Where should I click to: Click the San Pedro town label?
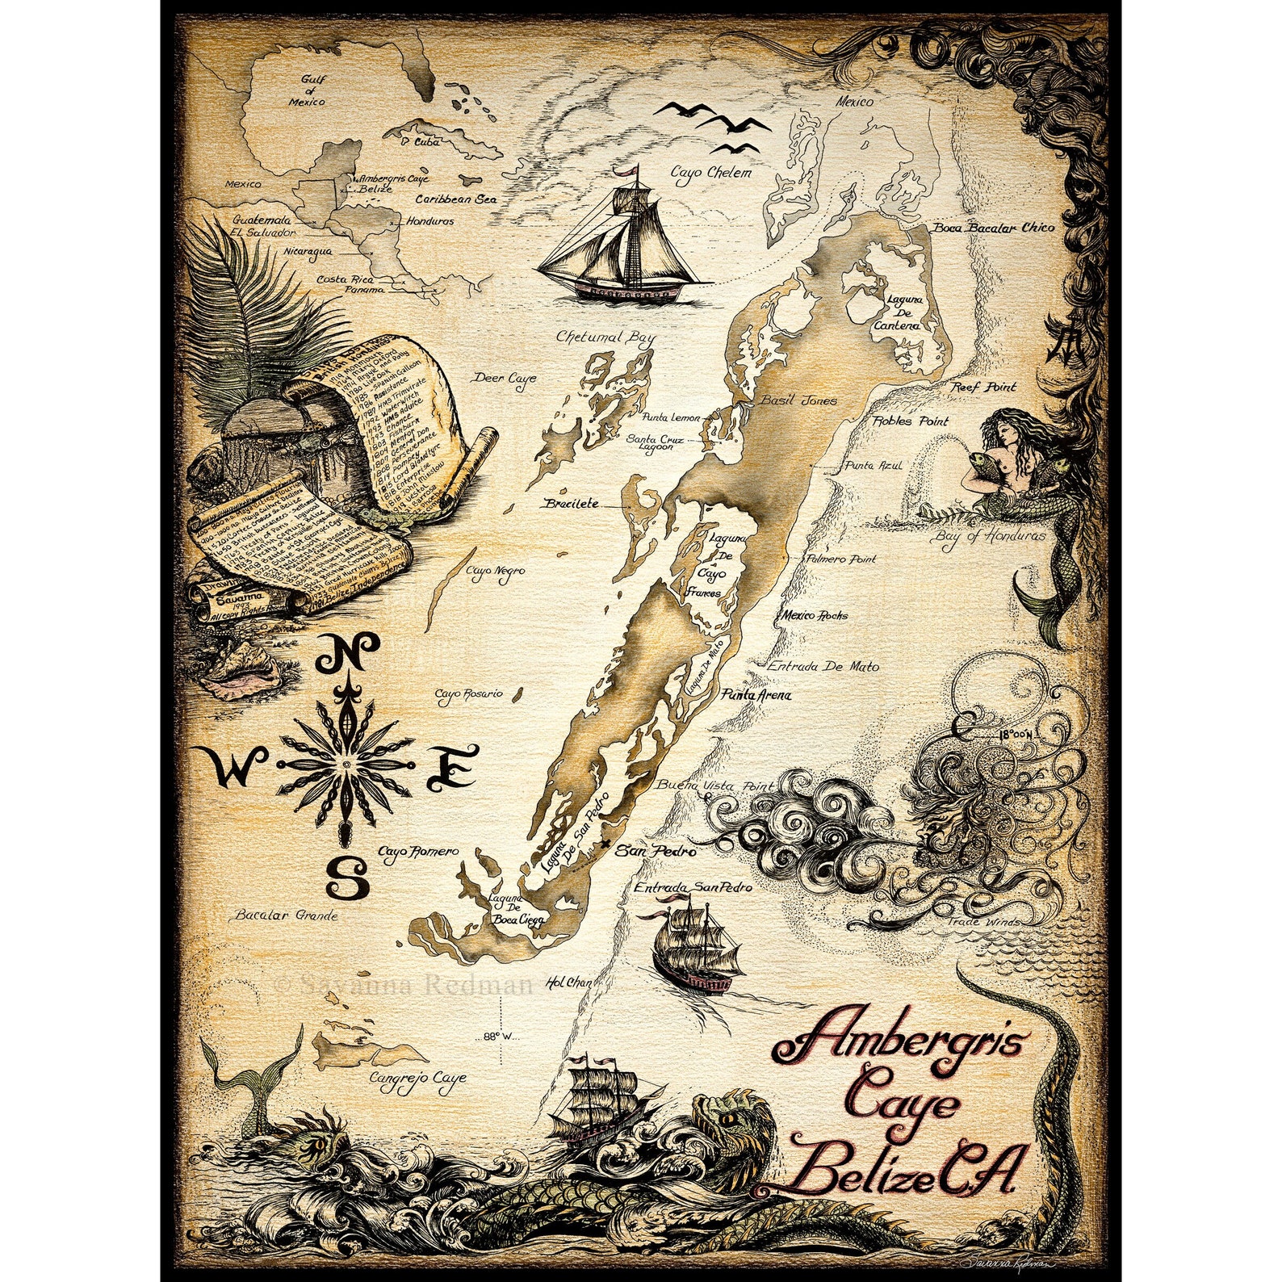[656, 850]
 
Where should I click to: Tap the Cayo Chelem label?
[711, 173]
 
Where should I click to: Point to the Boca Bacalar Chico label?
[994, 228]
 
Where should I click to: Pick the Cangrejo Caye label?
[417, 1078]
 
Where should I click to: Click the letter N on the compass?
[347, 653]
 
